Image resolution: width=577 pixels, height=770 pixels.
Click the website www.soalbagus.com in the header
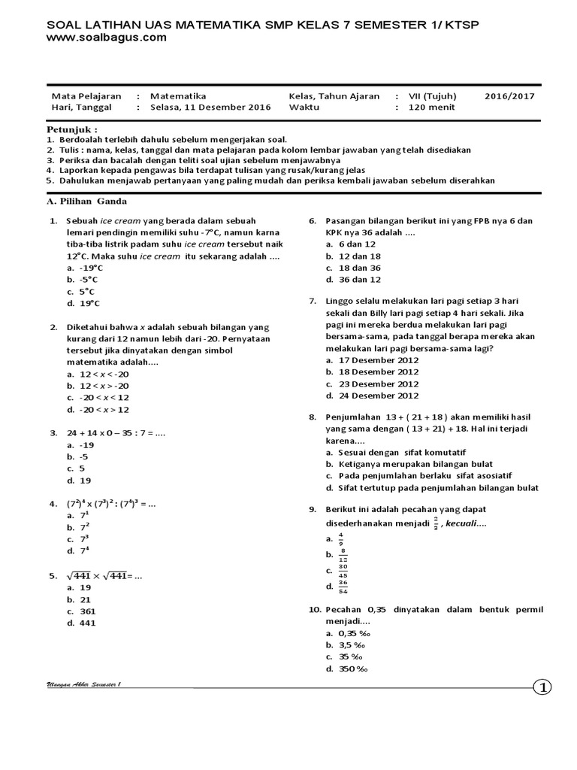tap(106, 39)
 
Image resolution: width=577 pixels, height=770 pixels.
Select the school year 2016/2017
tap(510, 96)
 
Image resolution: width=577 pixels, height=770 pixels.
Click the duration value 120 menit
tap(431, 108)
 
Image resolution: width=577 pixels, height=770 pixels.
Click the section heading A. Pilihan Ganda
tap(87, 202)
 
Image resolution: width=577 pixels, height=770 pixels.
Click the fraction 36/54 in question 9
tap(343, 586)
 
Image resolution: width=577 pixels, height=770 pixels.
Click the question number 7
tap(312, 301)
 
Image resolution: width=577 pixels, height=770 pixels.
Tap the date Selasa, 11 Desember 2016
tap(210, 108)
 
